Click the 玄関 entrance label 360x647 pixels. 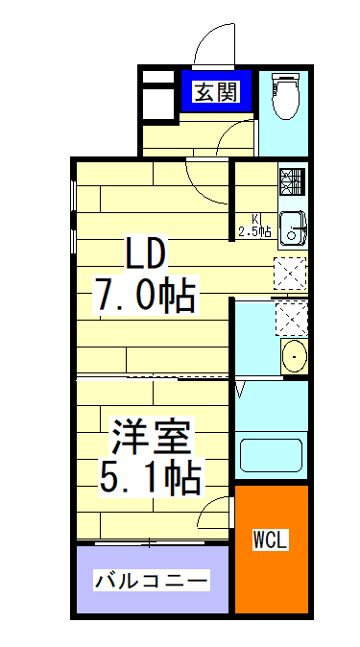pyautogui.click(x=218, y=92)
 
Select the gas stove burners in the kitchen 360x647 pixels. pyautogui.click(x=292, y=180)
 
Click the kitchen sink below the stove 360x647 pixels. pyautogui.click(x=291, y=228)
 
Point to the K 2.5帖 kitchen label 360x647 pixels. pyautogui.click(x=254, y=225)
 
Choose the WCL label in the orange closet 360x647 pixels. pyautogui.click(x=272, y=539)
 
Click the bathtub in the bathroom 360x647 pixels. pyautogui.click(x=272, y=456)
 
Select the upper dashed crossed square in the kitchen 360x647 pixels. pyautogui.click(x=290, y=274)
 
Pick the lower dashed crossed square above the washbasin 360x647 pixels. pyautogui.click(x=290, y=316)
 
